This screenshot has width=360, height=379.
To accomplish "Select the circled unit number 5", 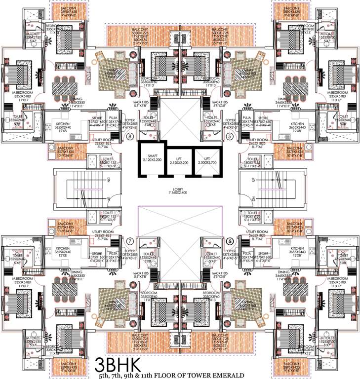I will [x=229, y=136].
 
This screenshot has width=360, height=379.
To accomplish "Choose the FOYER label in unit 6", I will [x=230, y=252].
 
